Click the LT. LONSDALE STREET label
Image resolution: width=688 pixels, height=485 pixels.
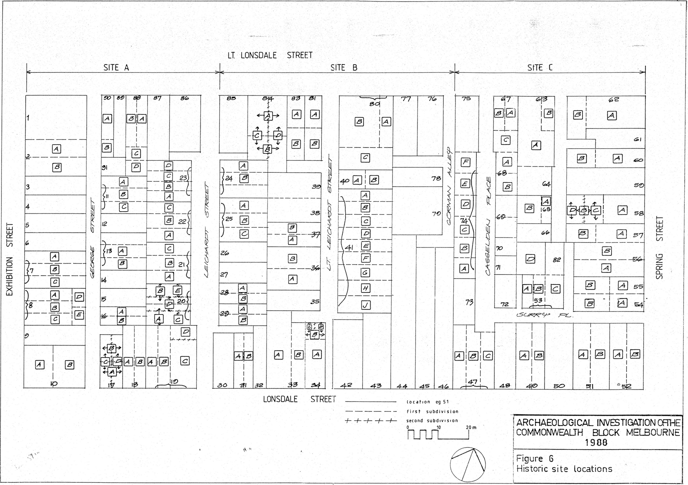click(270, 55)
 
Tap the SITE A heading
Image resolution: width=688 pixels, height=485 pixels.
click(116, 68)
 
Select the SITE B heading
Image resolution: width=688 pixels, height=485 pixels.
click(343, 68)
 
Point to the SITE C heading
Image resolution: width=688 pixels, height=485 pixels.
click(540, 68)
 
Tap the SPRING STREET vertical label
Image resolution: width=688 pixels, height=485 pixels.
click(659, 247)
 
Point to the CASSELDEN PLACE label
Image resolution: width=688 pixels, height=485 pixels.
click(488, 226)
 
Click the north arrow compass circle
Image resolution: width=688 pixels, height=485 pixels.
click(468, 464)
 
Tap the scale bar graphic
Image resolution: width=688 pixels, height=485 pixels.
click(438, 433)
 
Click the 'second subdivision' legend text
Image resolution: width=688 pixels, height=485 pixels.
click(432, 421)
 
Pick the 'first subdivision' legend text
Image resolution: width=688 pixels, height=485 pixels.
click(432, 411)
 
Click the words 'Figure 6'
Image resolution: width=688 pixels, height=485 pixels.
click(535, 459)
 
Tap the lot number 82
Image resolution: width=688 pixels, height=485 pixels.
click(557, 260)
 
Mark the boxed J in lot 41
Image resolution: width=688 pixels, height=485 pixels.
click(365, 305)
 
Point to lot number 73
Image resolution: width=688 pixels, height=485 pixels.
click(469, 302)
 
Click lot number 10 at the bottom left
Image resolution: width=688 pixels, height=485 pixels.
click(54, 384)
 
